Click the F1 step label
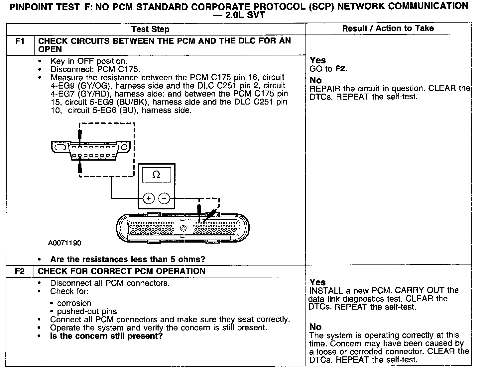click(20, 42)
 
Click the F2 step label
click(20, 271)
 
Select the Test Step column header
click(150, 29)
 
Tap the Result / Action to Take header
click(388, 29)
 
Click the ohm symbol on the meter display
click(156, 175)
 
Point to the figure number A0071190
click(64, 243)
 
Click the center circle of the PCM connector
click(183, 228)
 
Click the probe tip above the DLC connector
click(79, 134)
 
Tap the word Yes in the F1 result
click(318, 60)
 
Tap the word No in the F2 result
click(315, 327)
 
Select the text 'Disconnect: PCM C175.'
click(95, 69)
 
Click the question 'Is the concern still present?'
click(106, 336)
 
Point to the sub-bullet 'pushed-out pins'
click(87, 311)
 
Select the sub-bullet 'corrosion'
click(74, 303)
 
